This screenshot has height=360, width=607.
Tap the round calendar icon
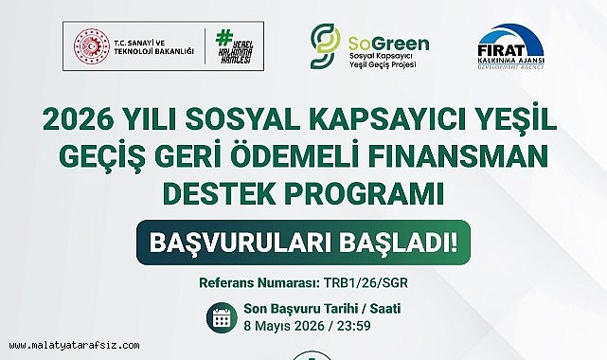point(222,318)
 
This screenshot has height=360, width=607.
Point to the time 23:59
point(348,328)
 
